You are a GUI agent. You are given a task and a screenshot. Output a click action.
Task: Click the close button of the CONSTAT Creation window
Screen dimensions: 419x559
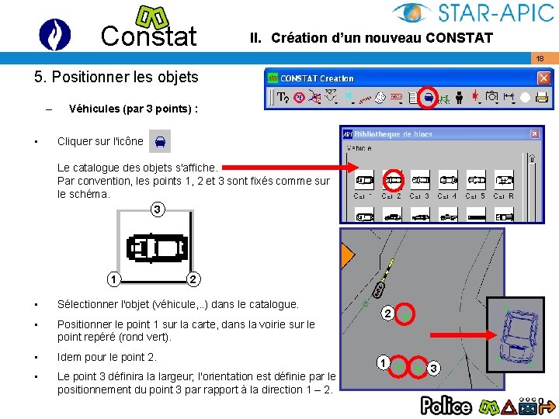point(543,78)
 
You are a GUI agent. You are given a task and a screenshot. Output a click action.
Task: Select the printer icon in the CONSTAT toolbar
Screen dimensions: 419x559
point(541,98)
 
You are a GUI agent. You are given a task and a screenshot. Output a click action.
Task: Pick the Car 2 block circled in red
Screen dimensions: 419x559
point(393,181)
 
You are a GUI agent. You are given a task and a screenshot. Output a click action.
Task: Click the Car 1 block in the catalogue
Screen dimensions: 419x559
point(363,181)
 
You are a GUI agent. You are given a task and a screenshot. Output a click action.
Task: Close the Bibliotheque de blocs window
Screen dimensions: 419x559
point(534,134)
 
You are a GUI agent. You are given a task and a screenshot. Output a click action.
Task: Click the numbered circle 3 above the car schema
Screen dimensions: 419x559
point(157,209)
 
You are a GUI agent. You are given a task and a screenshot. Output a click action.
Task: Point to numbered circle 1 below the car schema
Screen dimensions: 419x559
point(113,279)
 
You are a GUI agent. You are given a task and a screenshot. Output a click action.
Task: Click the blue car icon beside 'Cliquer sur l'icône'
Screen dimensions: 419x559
point(159,141)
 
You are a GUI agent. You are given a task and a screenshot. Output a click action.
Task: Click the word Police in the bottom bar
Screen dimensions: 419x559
point(446,405)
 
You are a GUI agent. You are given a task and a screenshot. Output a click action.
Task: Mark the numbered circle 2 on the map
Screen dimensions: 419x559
point(387,313)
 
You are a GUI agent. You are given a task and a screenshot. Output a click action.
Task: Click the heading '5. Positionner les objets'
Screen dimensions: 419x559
point(116,77)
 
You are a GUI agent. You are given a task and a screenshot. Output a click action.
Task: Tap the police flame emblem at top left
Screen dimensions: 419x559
point(55,33)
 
